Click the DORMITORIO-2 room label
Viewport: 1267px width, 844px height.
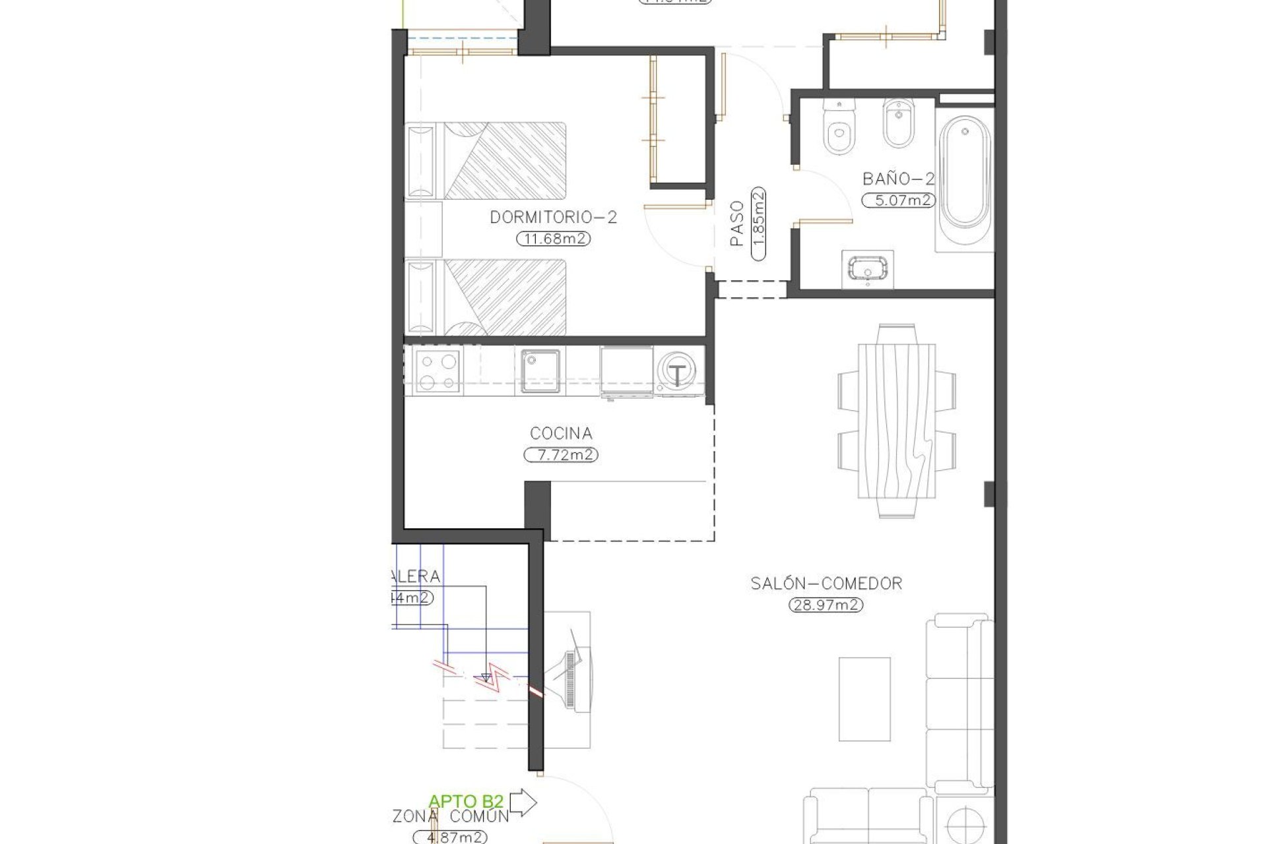[x=553, y=217]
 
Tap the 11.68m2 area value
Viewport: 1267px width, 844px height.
[x=553, y=239]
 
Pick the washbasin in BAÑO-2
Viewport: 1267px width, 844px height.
[x=867, y=269]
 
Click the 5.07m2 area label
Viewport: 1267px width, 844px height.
[x=898, y=200]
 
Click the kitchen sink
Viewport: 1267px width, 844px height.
[x=540, y=371]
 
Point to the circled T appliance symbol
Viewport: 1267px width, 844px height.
[x=677, y=374]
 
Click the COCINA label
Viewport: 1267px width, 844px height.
[x=561, y=433]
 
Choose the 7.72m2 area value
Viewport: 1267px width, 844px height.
[x=561, y=455]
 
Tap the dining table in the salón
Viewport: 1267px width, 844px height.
[x=897, y=421]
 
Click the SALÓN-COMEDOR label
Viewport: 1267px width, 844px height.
[x=826, y=583]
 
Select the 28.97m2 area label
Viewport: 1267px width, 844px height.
[x=826, y=605]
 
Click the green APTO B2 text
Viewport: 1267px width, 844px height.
[x=466, y=802]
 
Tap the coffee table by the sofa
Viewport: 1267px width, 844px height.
[x=864, y=699]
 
